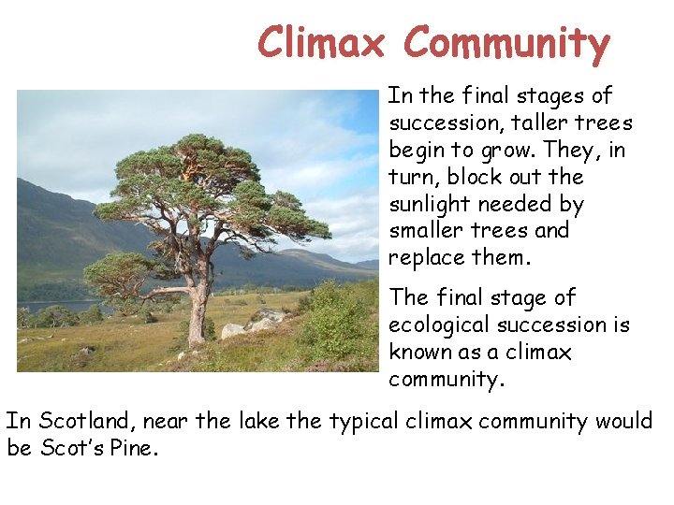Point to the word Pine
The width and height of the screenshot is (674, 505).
coord(134,448)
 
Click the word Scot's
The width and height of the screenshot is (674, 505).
coord(71,448)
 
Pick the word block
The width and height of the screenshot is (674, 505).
coord(475,177)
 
